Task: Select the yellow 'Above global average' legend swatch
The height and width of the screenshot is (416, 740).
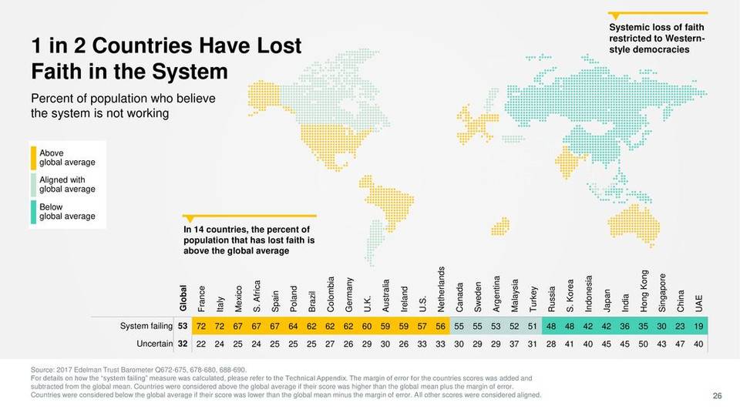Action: tap(34, 157)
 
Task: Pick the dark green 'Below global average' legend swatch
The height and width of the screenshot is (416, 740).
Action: tap(34, 212)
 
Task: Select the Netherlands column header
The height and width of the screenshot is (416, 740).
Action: tap(441, 289)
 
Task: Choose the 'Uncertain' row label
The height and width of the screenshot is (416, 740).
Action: tap(153, 343)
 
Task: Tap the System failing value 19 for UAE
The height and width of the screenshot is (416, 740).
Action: tap(699, 327)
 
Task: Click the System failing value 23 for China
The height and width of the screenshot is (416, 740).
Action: tap(681, 327)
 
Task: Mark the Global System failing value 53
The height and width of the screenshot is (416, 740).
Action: tap(183, 327)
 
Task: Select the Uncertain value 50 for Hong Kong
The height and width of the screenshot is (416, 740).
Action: tap(644, 343)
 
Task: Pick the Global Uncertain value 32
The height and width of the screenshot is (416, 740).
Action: tap(183, 343)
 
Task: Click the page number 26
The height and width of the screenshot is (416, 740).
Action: tap(717, 395)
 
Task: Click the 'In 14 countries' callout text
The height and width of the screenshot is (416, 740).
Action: tap(246, 240)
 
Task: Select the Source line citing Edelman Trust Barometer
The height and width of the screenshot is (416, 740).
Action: tap(138, 370)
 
